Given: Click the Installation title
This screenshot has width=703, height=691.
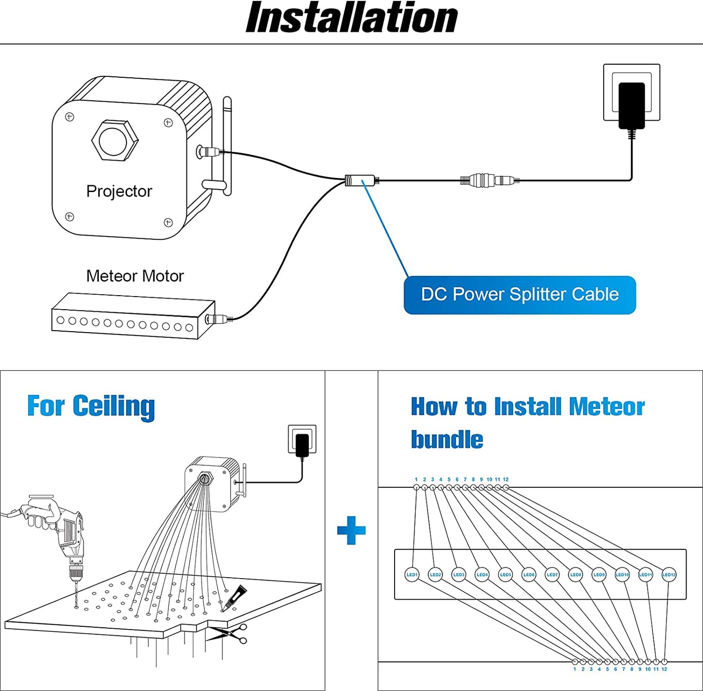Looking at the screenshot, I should pos(351,18).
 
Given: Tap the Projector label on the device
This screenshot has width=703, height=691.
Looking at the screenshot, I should pos(119,191).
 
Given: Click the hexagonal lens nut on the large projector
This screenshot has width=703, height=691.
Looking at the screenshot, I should pos(115,141).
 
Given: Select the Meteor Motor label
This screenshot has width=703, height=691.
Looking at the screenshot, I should pos(135,276).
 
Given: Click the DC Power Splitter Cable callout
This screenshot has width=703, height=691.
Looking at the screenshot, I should pos(520,295).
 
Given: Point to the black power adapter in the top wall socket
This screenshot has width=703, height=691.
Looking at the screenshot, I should pos(631,105).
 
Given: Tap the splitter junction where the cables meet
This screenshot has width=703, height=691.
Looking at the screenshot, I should pos(361,180).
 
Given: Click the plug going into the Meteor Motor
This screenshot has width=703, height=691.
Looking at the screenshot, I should pos(217,319).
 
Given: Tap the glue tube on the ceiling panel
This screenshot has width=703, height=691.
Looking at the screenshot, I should pos(234,597).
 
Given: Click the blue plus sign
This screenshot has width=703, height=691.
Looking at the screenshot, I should pos(351,530).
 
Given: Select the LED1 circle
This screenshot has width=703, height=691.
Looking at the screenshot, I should pos(412,575).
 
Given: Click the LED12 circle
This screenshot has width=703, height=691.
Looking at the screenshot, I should pos(669,575).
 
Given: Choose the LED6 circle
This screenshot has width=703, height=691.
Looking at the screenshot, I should pos(529,575).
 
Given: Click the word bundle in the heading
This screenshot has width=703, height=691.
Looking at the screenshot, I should pos(447,440).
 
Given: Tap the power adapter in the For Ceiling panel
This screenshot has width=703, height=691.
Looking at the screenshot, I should pos(302,444).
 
